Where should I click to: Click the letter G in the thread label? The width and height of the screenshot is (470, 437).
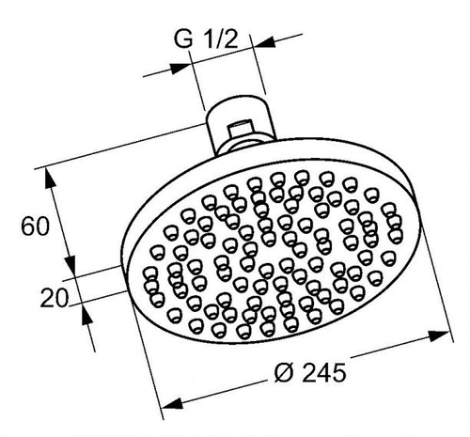[x=183, y=39]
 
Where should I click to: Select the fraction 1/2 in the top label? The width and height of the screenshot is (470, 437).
[x=221, y=39]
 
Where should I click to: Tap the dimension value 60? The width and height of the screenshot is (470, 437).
[x=35, y=226]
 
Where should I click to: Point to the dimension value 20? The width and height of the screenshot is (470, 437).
[x=55, y=298]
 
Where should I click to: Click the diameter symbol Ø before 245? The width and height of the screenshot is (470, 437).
[x=284, y=372]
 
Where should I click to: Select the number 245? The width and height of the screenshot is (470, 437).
[x=323, y=372]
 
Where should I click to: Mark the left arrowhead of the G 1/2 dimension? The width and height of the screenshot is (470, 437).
[x=180, y=69]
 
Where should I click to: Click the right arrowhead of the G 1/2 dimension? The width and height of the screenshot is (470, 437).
[x=264, y=42]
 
